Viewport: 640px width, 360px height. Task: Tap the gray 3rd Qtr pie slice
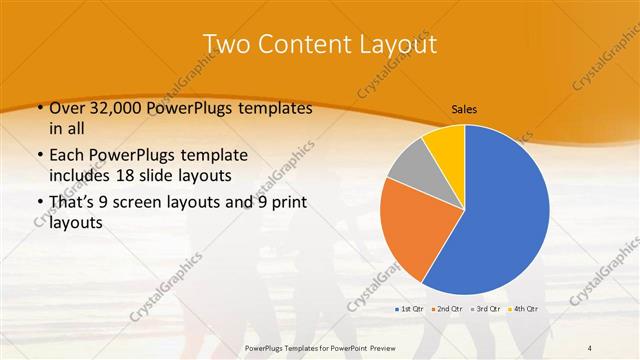click(x=410, y=165)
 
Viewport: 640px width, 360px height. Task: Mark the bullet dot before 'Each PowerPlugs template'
click(x=39, y=155)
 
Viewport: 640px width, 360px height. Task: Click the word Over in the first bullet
click(x=67, y=109)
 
